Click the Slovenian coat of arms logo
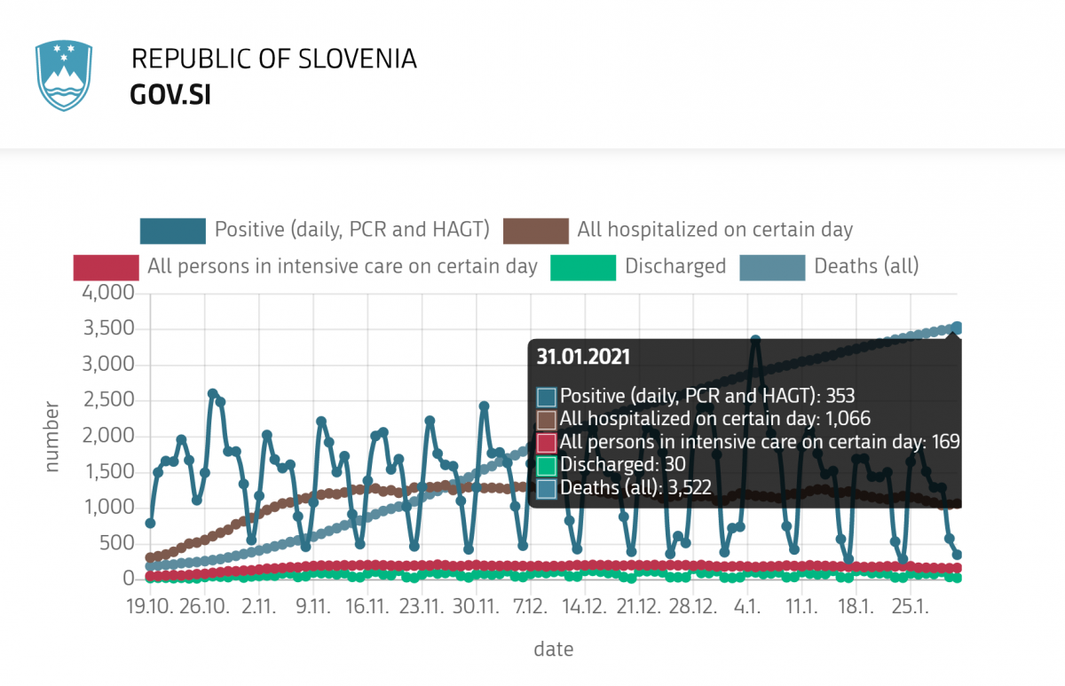coord(63,75)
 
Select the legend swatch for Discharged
coord(583,266)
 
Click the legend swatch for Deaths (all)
coord(772,266)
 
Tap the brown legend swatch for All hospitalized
coord(535,231)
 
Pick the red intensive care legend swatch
coord(106,266)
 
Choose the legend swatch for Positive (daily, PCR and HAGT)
coord(172,231)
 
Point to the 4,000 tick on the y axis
coord(107,293)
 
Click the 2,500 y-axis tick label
coord(107,400)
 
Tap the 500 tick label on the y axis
coord(115,543)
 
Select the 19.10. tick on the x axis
coord(150,607)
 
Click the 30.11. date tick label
coord(476,607)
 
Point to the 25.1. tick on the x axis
coord(911,607)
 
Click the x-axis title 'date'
coord(553,650)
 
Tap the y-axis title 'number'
coord(52,436)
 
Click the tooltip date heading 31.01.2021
coord(583,357)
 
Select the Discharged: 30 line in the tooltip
coord(622,463)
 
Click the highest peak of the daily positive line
coord(755,340)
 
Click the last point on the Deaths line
coord(957,327)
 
